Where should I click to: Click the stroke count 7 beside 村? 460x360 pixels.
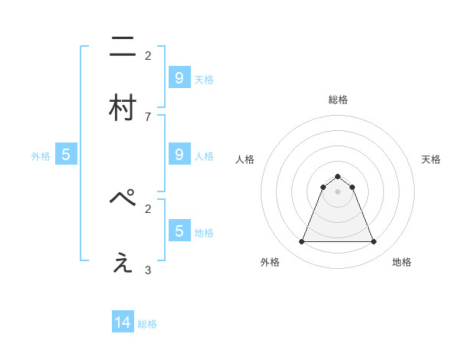pyautogui.click(x=148, y=116)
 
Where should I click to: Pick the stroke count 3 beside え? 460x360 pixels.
pyautogui.click(x=148, y=270)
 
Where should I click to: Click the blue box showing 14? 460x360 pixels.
pyautogui.click(x=123, y=323)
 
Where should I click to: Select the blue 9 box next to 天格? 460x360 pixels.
pyautogui.click(x=179, y=78)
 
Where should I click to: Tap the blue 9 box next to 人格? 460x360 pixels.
pyautogui.click(x=179, y=155)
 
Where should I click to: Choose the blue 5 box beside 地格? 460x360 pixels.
pyautogui.click(x=179, y=231)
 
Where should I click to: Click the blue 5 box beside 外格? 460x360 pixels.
pyautogui.click(x=66, y=155)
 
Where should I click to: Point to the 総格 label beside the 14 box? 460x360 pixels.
pyautogui.click(x=147, y=324)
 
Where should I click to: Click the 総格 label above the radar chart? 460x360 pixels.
pyautogui.click(x=338, y=100)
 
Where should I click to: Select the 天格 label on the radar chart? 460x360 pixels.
pyautogui.click(x=431, y=159)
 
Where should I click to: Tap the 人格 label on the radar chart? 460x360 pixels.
pyautogui.click(x=245, y=159)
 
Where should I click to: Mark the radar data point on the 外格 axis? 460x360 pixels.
pyautogui.click(x=301, y=242)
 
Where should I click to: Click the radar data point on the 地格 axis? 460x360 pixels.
pyautogui.click(x=374, y=242)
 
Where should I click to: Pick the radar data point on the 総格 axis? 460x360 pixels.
pyautogui.click(x=338, y=176)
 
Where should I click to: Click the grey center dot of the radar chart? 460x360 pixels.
pyautogui.click(x=338, y=191)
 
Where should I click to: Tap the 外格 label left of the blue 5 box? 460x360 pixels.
pyautogui.click(x=41, y=156)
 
